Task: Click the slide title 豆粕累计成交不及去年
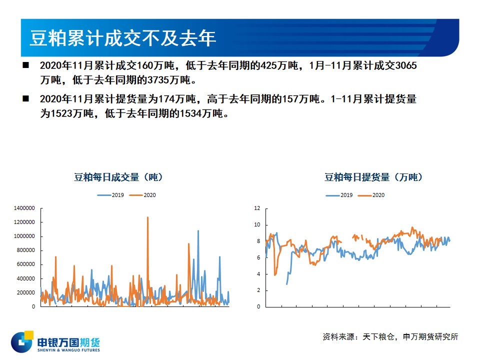point(123,38)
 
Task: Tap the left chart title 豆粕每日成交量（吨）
point(118,177)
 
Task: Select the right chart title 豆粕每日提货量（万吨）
point(373,177)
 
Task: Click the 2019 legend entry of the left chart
point(110,195)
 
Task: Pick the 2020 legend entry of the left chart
point(142,195)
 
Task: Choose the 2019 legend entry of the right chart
point(339,195)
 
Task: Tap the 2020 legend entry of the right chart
point(371,195)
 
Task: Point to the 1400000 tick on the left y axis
point(24,208)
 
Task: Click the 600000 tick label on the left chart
point(25,264)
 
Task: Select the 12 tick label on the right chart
point(257,208)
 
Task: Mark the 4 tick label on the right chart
point(258,274)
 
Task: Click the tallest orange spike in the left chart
point(147,217)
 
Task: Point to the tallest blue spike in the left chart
point(198,231)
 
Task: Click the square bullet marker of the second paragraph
point(25,98)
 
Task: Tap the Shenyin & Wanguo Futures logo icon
point(22,341)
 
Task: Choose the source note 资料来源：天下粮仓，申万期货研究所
point(390,336)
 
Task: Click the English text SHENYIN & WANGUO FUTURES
point(68,350)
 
